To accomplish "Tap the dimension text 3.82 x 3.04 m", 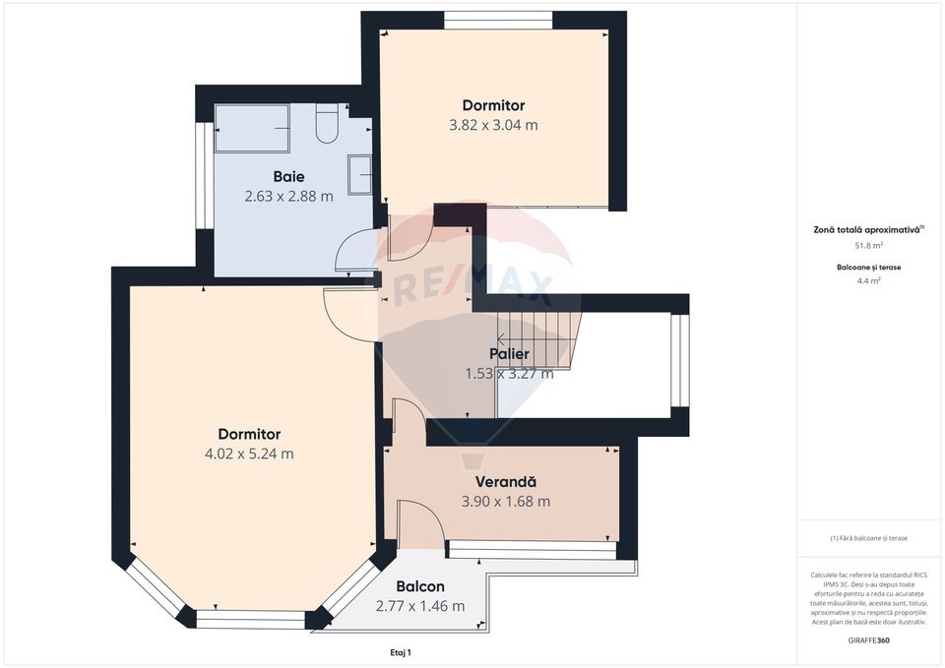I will pyautogui.click(x=493, y=125).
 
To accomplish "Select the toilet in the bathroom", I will pyautogui.click(x=328, y=124).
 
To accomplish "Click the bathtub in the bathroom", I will pyautogui.click(x=252, y=128).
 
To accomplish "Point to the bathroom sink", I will pyautogui.click(x=361, y=175).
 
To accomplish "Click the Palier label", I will pyautogui.click(x=509, y=354).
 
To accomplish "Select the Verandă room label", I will pyautogui.click(x=505, y=482).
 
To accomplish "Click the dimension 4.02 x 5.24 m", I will pyautogui.click(x=249, y=454).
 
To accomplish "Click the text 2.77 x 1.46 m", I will pyautogui.click(x=420, y=606).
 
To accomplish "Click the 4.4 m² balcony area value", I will pyautogui.click(x=868, y=280).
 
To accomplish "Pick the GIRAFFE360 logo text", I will pyautogui.click(x=868, y=640).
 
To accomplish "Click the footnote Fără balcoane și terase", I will pyautogui.click(x=868, y=538).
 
